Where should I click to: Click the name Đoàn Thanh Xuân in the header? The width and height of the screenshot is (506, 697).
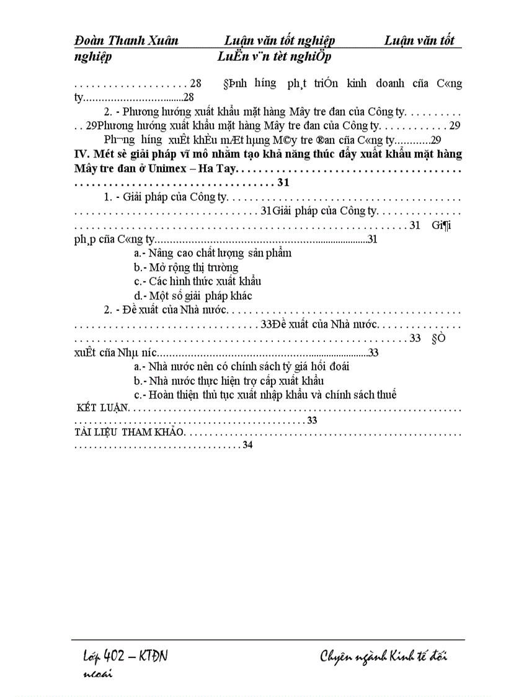126,41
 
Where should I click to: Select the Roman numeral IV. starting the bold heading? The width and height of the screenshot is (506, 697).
81,154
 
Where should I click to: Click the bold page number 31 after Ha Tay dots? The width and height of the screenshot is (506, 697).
284,183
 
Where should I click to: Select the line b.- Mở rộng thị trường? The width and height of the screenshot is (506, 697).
185,268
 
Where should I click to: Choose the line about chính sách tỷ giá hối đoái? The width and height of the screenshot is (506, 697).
241,366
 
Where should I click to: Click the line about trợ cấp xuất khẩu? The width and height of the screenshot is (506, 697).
229,380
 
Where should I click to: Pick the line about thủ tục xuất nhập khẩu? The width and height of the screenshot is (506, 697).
265,395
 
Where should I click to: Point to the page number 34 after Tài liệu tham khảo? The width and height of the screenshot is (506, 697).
248,446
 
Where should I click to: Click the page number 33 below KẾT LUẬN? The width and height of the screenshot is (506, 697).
312,421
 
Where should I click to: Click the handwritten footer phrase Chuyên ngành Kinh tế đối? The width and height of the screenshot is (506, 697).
383,657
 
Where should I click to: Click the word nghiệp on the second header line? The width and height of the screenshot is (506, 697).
93,57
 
